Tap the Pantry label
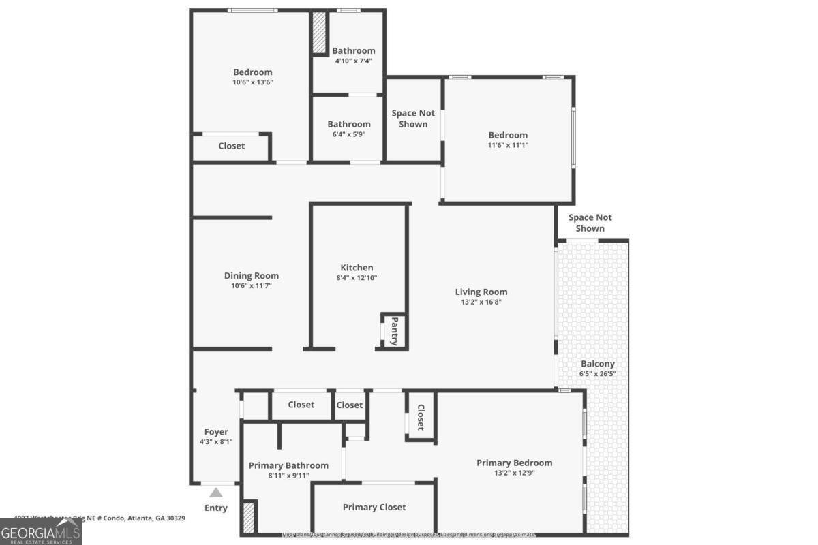pos(394,330)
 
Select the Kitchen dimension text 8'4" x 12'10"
pos(357,277)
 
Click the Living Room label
pos(481,292)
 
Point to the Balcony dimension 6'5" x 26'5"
pos(597,373)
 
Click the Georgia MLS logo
pos(41,531)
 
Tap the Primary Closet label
pos(374,507)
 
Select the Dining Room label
pos(252,275)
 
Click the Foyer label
pos(216,431)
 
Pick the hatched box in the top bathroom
pos(319,33)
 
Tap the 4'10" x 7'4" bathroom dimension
pos(353,61)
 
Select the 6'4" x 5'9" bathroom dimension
pos(348,134)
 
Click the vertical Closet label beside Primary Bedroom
pos(421,418)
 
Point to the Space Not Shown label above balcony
pos(590,223)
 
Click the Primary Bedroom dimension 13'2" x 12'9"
pos(514,472)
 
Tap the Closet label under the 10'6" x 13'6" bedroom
pos(231,146)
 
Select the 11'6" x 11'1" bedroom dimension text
pos(507,144)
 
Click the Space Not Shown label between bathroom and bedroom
pos(413,119)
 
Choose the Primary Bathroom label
pos(288,465)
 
